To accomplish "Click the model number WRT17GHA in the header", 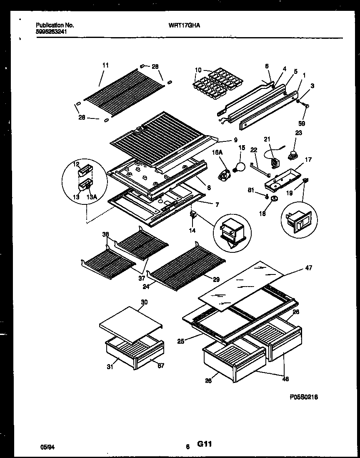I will [184, 25].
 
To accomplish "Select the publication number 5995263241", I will [50, 31].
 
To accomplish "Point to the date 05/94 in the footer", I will [48, 447].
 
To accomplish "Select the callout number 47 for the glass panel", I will [308, 267].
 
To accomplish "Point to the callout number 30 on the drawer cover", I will [144, 302].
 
